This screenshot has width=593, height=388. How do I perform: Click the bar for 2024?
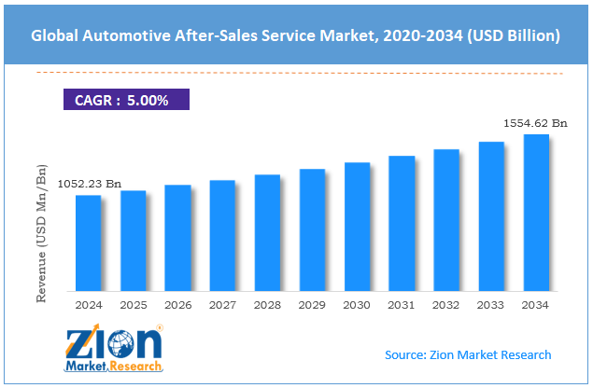pyautogui.click(x=88, y=242)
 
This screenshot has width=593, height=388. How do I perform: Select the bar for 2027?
pyautogui.click(x=222, y=234)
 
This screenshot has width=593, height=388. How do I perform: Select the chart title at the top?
pyautogui.click(x=296, y=36)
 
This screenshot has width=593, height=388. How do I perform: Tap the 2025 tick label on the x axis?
pyautogui.click(x=133, y=304)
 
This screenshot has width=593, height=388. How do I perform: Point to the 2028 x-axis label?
pyautogui.click(x=267, y=304)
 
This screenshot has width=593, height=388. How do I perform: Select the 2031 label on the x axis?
pyautogui.click(x=402, y=304)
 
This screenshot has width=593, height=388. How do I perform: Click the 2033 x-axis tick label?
pyautogui.click(x=491, y=304)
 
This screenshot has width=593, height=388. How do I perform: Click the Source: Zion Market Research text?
pyautogui.click(x=468, y=354)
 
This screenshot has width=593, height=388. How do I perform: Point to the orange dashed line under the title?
pyautogui.click(x=296, y=73)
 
